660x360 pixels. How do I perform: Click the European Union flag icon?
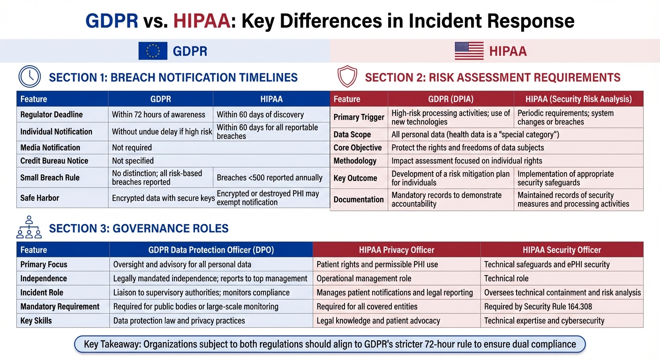[x=153, y=51]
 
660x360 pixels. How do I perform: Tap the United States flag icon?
[x=469, y=51]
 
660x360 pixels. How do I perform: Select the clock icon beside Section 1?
[x=30, y=76]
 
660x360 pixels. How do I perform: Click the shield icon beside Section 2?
[x=347, y=77]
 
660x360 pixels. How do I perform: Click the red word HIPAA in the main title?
[x=202, y=21]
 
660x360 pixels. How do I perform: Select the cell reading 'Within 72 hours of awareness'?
[x=158, y=114]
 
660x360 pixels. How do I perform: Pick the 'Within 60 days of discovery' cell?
[x=260, y=114]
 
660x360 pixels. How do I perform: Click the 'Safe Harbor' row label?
[x=40, y=198]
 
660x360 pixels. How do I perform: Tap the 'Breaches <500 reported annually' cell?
[x=270, y=178]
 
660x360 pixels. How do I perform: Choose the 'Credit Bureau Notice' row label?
[x=54, y=161]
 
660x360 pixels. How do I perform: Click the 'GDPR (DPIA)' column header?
[x=450, y=99]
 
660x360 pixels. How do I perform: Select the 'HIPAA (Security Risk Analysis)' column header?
[x=578, y=99]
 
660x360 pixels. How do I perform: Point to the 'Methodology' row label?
[x=355, y=161]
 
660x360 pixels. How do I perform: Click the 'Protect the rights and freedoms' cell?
[x=467, y=148]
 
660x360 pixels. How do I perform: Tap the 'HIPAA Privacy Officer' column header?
[x=396, y=250]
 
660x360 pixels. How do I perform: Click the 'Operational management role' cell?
[x=364, y=278]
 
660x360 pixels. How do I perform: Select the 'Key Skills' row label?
[x=36, y=321]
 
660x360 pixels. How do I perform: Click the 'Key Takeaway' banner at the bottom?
[x=330, y=344]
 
